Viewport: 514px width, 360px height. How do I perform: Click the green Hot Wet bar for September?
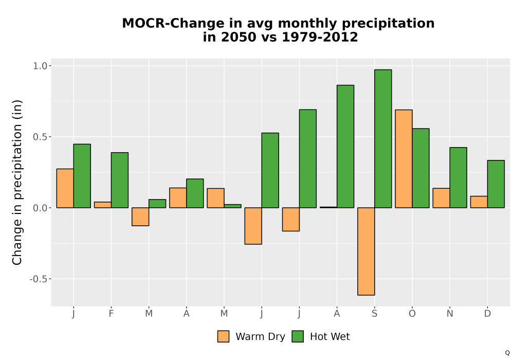click(x=383, y=139)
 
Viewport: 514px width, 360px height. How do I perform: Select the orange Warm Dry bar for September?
click(x=366, y=251)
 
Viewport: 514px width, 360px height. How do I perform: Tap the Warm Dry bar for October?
click(x=404, y=159)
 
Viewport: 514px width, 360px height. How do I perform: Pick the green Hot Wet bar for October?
click(x=420, y=168)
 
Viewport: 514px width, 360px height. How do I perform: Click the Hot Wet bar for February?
click(x=120, y=180)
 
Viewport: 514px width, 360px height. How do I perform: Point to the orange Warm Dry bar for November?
click(x=441, y=198)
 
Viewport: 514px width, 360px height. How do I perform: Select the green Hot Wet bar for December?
click(x=496, y=184)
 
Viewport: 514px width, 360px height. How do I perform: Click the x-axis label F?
click(x=111, y=314)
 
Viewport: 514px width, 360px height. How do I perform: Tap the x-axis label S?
click(x=374, y=314)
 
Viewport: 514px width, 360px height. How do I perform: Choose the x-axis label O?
click(x=412, y=314)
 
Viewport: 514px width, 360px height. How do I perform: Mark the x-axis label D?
click(x=487, y=314)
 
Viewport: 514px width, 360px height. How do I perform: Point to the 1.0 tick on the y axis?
click(x=40, y=66)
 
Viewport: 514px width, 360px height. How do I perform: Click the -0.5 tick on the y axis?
click(x=39, y=279)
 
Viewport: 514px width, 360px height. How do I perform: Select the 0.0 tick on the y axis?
click(x=40, y=208)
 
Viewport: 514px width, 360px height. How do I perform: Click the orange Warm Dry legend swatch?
click(x=223, y=336)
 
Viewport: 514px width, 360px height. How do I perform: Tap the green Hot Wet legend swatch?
click(x=298, y=336)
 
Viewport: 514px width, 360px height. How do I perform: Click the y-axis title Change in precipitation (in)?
click(x=17, y=182)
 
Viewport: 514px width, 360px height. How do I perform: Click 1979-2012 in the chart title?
click(x=320, y=37)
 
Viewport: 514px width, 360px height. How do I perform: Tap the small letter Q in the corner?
click(x=507, y=353)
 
